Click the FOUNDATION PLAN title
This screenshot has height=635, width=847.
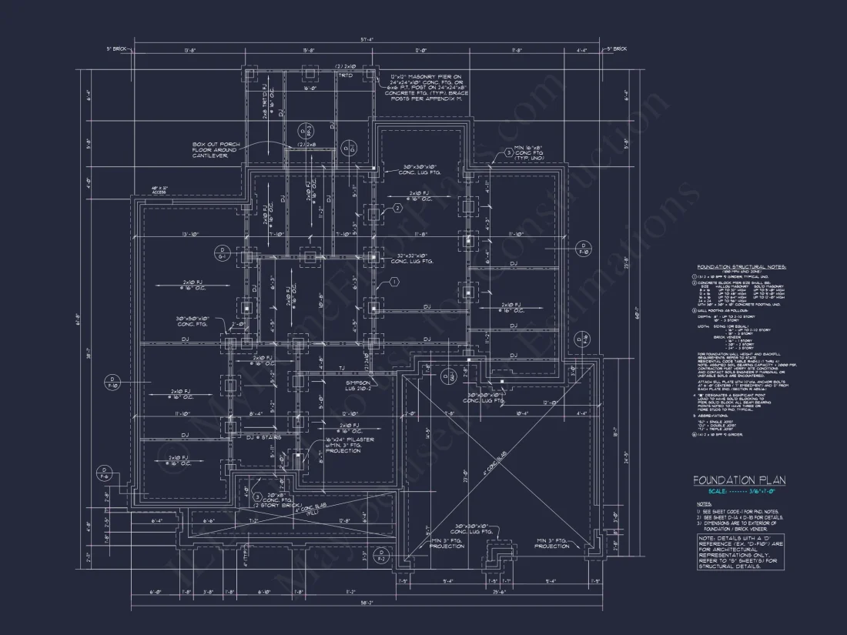pyautogui.click(x=738, y=480)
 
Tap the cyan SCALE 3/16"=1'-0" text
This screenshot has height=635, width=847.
pyautogui.click(x=738, y=492)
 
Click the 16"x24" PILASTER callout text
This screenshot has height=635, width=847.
pyautogui.click(x=350, y=444)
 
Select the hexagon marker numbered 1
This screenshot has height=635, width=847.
pyautogui.click(x=394, y=282)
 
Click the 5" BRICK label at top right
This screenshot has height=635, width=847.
pyautogui.click(x=616, y=48)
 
